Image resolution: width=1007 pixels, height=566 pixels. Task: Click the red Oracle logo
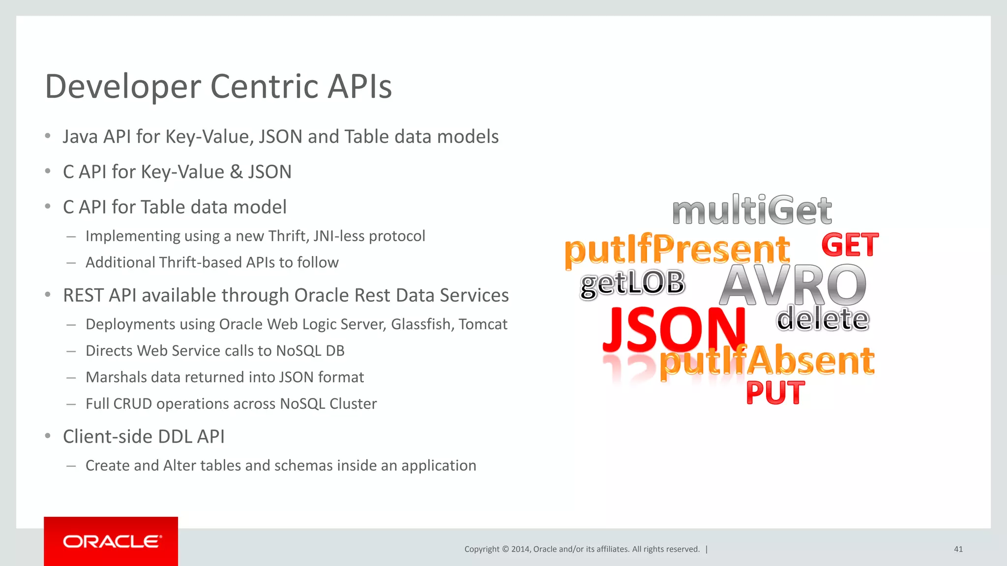(x=111, y=541)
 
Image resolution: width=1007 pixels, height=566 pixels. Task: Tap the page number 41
(x=958, y=549)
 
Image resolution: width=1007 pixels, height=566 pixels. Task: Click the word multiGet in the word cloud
(x=752, y=210)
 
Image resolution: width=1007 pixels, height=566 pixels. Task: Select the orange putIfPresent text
(x=677, y=250)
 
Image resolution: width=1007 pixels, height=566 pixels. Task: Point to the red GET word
(x=850, y=245)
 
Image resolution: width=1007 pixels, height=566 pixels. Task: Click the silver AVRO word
(x=793, y=285)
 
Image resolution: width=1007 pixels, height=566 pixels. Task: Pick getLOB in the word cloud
(x=632, y=283)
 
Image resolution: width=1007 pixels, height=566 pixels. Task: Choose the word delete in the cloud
(x=823, y=319)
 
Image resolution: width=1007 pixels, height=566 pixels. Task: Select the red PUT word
(x=775, y=393)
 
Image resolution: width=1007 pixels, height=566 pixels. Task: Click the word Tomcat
(x=483, y=324)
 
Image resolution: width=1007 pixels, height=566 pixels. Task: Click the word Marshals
(x=116, y=377)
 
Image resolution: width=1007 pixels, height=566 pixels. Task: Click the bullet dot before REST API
(x=48, y=295)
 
